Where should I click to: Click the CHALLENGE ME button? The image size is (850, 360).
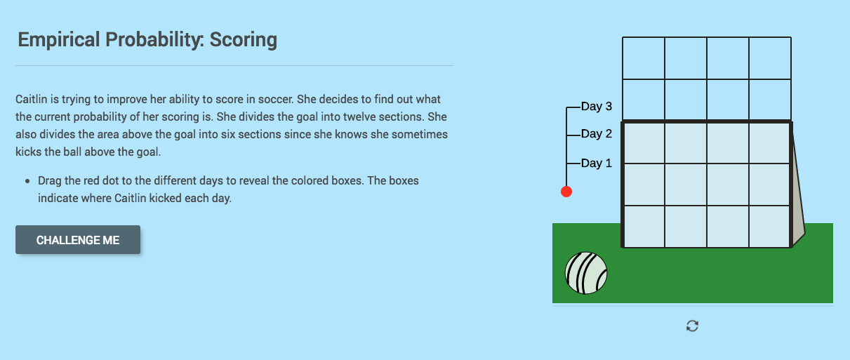(78, 240)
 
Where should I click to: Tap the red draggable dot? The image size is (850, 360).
(566, 192)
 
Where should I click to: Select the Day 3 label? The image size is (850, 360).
(597, 107)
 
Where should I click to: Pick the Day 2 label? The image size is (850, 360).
(597, 134)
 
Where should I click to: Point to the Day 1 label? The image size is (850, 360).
(597, 164)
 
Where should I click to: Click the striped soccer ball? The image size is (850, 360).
(586, 273)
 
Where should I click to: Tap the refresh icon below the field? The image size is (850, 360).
(692, 326)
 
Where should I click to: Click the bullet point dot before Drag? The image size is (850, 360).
(27, 181)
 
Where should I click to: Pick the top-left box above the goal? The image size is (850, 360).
(644, 58)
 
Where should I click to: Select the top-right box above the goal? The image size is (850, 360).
(770, 58)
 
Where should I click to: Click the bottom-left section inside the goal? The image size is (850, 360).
(644, 227)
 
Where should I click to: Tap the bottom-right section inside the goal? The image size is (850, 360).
(770, 227)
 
